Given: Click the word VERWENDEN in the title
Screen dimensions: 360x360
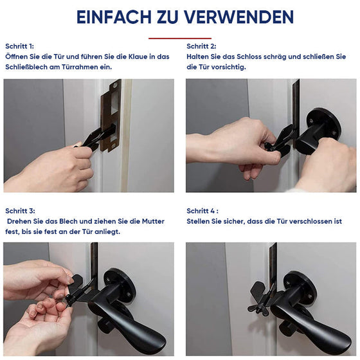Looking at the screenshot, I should pos(240,17).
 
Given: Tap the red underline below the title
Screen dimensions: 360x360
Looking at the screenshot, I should pos(179,38).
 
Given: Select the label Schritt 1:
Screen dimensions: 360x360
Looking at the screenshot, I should pos(20,47).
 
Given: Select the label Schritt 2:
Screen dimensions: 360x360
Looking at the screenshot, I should pos(202,47).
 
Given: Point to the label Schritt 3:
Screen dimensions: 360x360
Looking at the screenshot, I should pos(20,211).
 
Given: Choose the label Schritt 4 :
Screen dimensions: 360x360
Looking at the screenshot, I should pos(203,211).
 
